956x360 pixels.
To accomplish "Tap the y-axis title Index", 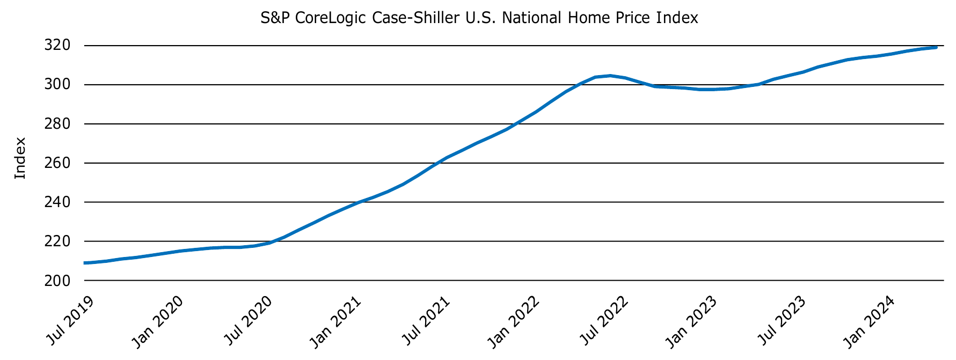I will click(x=20, y=158).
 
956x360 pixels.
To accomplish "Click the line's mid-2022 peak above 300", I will click(x=610, y=76).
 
